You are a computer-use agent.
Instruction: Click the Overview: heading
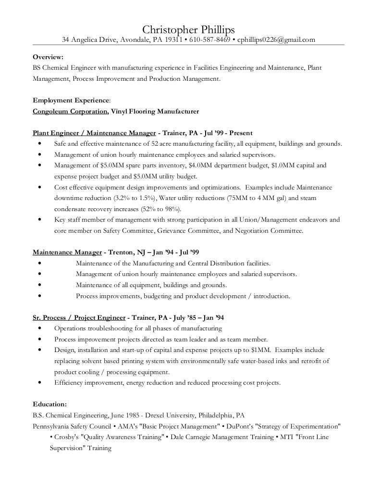pos(47,56)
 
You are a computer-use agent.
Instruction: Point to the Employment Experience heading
pos(71,100)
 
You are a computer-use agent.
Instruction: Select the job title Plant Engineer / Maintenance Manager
pos(94,132)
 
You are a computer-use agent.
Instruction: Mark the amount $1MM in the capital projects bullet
pos(259,350)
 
